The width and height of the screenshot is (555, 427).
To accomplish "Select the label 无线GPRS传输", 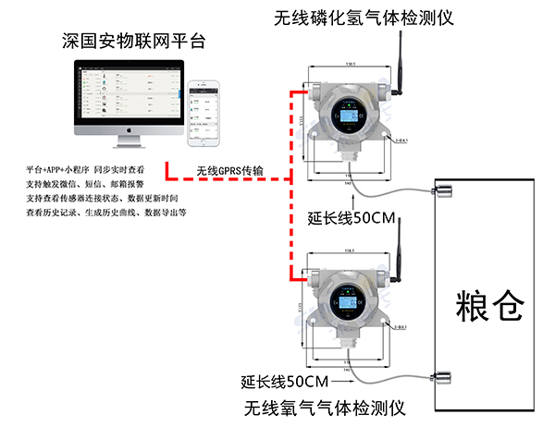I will (x=230, y=171).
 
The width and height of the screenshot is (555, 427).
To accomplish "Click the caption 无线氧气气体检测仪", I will (x=325, y=407).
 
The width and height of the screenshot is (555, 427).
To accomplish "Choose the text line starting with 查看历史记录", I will (x=106, y=212).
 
